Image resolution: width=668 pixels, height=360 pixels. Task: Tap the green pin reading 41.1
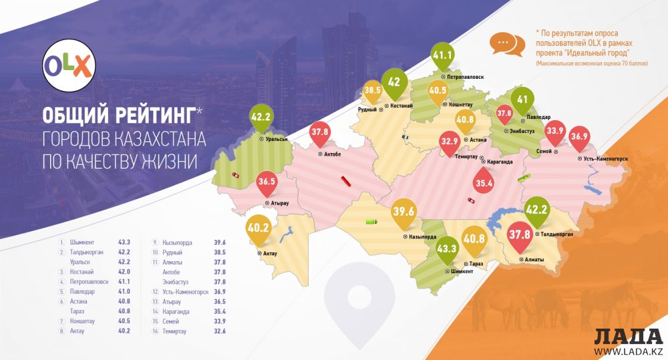pyautogui.click(x=442, y=57)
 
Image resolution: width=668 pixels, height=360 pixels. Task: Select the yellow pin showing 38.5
pyautogui.click(x=372, y=89)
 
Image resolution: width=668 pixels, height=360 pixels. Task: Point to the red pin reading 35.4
pyautogui.click(x=484, y=181)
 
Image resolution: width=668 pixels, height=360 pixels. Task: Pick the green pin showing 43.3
pyautogui.click(x=446, y=248)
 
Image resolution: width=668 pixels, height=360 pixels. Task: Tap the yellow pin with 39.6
pyautogui.click(x=405, y=212)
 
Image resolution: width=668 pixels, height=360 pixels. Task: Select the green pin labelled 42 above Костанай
pyautogui.click(x=394, y=83)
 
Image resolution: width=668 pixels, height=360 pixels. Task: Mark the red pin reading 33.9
pyautogui.click(x=555, y=131)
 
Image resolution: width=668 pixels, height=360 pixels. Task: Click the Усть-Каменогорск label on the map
pyautogui.click(x=603, y=158)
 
